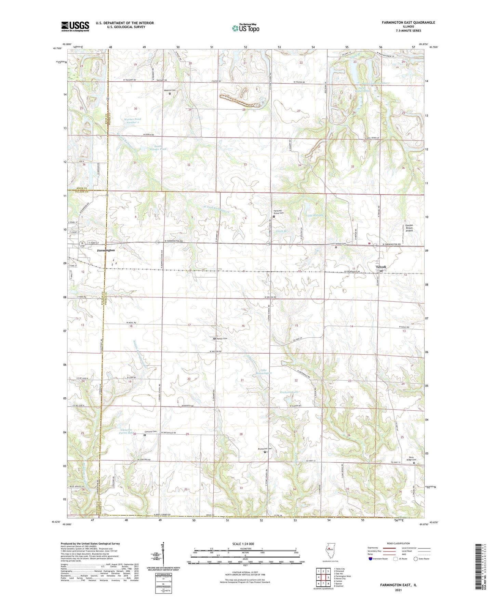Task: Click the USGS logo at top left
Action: [75, 26]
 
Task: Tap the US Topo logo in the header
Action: [245, 28]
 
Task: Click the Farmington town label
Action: [106, 250]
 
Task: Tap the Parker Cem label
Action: [222, 339]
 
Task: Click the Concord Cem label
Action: [150, 432]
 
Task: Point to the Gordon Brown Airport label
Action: [409, 228]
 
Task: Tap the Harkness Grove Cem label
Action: [278, 212]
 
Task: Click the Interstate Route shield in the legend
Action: [371, 559]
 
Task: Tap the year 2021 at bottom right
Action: [398, 590]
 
